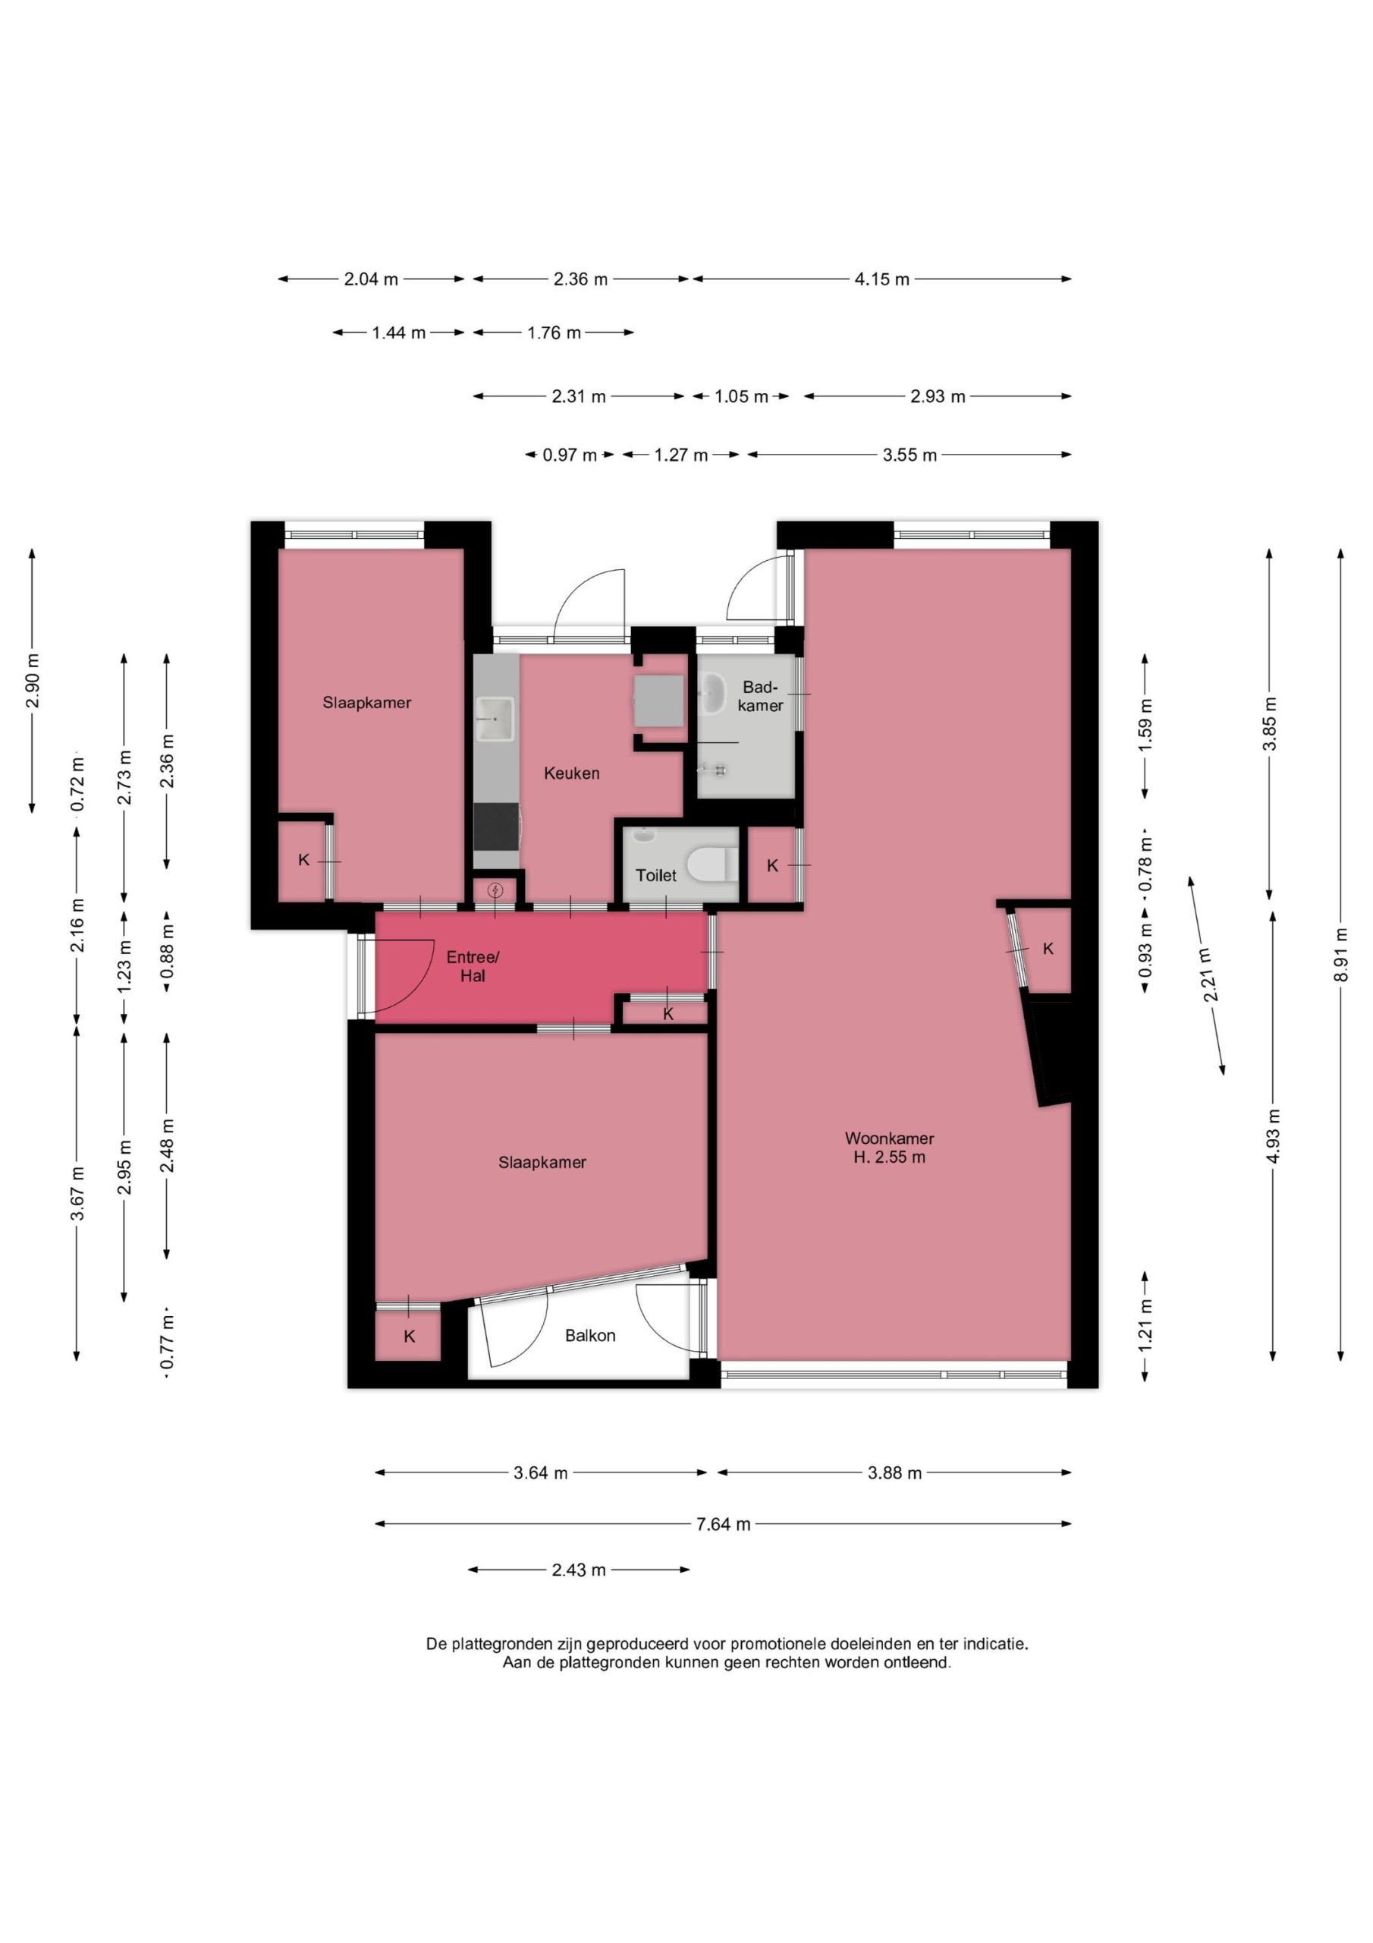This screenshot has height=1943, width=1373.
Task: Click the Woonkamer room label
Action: tap(888, 1138)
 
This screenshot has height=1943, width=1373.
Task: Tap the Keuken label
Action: tap(572, 773)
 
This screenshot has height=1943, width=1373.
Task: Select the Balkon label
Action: tap(589, 1335)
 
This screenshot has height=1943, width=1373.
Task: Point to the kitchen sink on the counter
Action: tap(495, 719)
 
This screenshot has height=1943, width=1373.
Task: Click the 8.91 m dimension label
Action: tap(1340, 953)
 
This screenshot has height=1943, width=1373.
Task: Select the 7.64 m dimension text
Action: tap(722, 1524)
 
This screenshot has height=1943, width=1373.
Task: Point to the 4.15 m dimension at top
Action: tap(881, 279)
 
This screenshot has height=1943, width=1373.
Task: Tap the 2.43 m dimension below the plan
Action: tap(579, 1570)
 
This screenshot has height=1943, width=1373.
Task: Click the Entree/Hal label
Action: tap(473, 966)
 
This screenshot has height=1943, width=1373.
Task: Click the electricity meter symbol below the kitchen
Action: tap(497, 890)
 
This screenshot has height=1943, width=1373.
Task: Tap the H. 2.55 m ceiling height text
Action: tap(889, 1157)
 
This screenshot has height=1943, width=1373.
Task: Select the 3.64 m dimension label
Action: tap(541, 1473)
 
